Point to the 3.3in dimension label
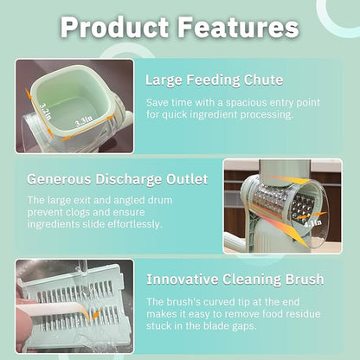(x=84, y=125)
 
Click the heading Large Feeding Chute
(x=214, y=80)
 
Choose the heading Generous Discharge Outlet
(x=117, y=179)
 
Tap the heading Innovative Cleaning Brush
(x=235, y=279)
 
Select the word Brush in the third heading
(x=301, y=279)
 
